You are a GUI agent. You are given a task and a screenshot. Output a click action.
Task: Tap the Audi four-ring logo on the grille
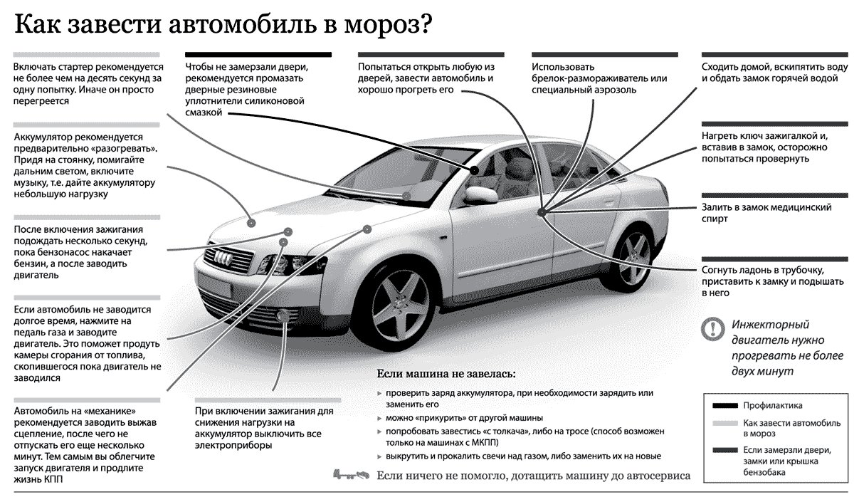pos(223,258)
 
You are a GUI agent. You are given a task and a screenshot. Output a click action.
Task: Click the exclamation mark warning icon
pos(713,329)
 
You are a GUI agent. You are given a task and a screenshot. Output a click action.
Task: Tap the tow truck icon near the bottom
pos(351,475)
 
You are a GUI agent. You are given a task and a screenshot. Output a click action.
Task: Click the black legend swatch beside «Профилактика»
pos(724,406)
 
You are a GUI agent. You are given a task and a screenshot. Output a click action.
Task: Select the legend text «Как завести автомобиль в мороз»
pos(791,429)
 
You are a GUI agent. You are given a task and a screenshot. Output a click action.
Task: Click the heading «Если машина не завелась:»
pos(446,374)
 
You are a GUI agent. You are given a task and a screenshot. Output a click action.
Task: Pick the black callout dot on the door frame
pos(475,170)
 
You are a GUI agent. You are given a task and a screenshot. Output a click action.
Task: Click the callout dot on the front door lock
pos(542,212)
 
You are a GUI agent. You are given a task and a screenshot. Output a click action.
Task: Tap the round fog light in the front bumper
pos(284,315)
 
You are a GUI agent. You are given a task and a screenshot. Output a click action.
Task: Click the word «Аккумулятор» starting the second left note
pos(43,137)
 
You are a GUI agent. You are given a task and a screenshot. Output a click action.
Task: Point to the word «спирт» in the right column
pos(715,219)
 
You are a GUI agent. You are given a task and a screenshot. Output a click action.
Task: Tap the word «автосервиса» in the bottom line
pos(658,476)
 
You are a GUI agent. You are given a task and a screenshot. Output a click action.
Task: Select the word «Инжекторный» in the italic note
pos(770,325)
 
